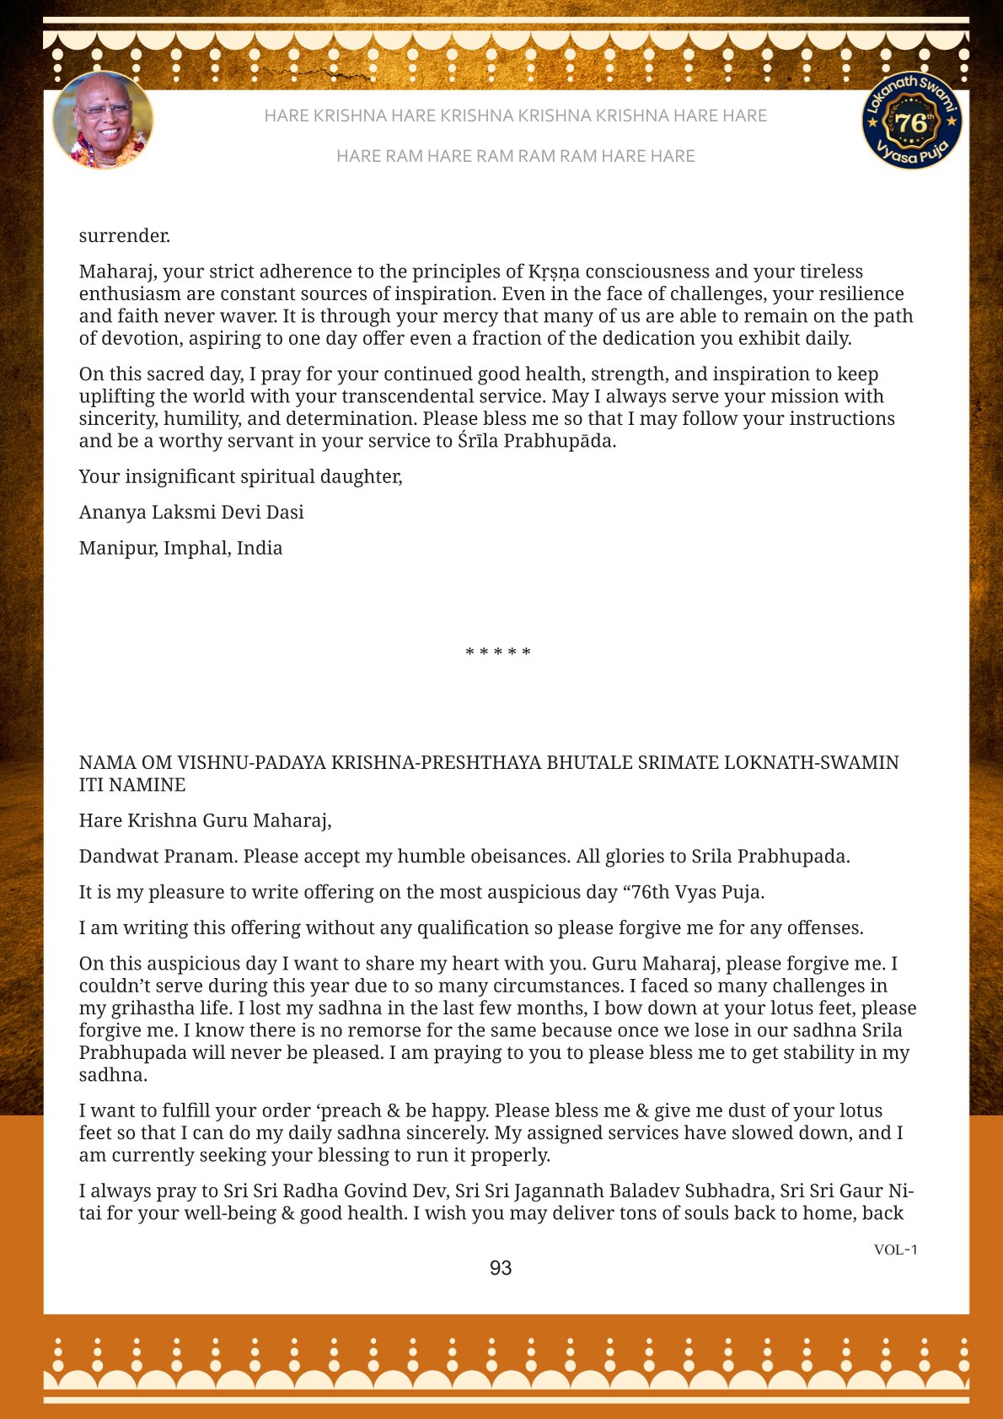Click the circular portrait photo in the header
[x=103, y=121]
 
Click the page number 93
[x=501, y=1268]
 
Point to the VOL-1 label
[x=895, y=1250]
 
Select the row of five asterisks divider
[x=498, y=653]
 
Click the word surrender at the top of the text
[x=125, y=236]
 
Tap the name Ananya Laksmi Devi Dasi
[x=191, y=513]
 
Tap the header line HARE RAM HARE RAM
[x=515, y=156]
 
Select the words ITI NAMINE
[x=132, y=785]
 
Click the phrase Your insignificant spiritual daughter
[x=240, y=477]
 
